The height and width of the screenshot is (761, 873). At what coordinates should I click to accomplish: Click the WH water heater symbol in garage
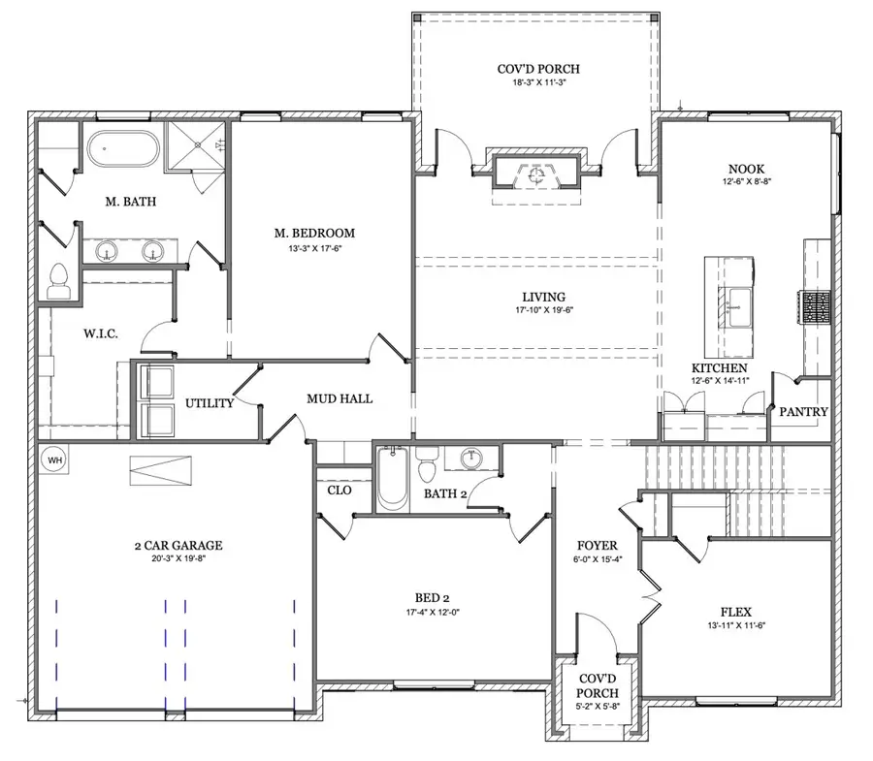pos(49,460)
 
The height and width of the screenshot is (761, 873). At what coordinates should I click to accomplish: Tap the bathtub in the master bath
pos(122,152)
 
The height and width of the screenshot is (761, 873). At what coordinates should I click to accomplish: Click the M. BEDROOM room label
pos(313,233)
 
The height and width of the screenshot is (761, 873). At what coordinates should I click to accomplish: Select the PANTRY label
pos(804,411)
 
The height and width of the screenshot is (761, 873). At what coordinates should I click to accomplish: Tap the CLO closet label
pos(339,491)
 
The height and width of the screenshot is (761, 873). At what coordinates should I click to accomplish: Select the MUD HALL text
pos(339,397)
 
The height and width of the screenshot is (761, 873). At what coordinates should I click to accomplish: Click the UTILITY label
pos(210,402)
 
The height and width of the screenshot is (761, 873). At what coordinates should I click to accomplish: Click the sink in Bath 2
pos(473,459)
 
